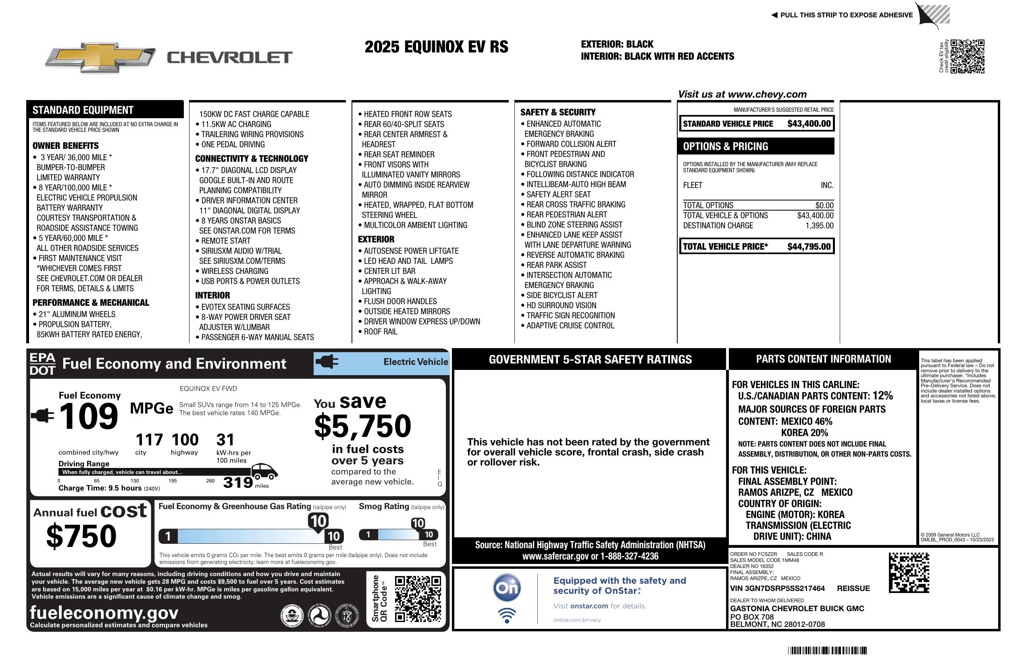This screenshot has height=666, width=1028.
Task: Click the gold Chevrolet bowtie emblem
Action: [x=100, y=57]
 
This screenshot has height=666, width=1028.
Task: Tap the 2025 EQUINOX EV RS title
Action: [x=436, y=47]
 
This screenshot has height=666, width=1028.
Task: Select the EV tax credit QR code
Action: [x=967, y=56]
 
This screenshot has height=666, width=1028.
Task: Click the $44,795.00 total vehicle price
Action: [x=809, y=247]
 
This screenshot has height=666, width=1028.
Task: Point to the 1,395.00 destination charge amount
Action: [x=819, y=225]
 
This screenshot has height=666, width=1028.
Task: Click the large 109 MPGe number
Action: [x=89, y=416]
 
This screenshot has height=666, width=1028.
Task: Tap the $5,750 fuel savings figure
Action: [x=362, y=426]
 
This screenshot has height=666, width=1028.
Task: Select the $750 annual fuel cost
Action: [x=81, y=536]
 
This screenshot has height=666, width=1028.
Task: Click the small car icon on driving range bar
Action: [x=264, y=472]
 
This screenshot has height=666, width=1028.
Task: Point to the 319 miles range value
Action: [x=238, y=482]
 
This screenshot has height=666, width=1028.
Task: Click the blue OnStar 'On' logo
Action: [x=507, y=588]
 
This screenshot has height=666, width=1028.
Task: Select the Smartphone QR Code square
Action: [x=417, y=599]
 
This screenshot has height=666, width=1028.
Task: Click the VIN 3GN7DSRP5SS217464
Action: [x=777, y=589]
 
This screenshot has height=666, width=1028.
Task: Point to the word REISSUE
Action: [x=853, y=589]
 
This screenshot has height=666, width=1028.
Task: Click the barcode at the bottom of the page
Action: [x=827, y=650]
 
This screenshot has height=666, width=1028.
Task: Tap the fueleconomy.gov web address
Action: [x=104, y=613]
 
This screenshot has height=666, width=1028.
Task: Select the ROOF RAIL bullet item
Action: [x=380, y=332]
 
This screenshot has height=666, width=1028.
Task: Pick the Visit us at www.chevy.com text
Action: [x=742, y=94]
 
